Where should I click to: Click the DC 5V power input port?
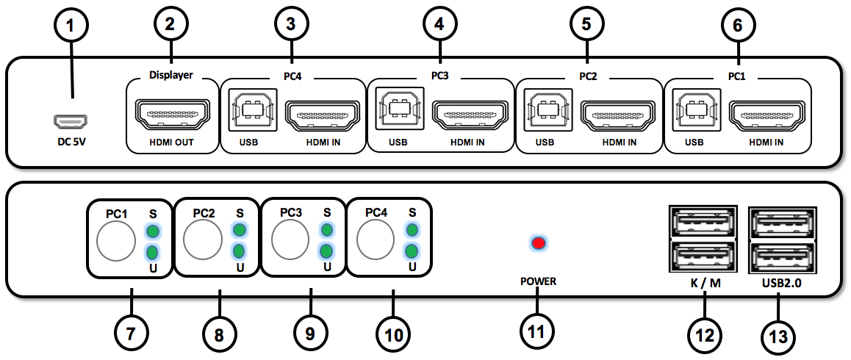pos(71,120)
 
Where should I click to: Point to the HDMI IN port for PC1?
pos(765,114)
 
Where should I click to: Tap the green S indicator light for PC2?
pos(239,231)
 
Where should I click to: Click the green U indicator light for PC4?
pos(412,251)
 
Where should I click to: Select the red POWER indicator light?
pos(539,243)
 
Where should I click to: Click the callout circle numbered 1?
pos(71,26)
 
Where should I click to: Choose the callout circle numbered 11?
pos(536,332)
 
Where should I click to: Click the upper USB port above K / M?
pos(702,220)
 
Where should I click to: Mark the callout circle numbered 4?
pos(439,24)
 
